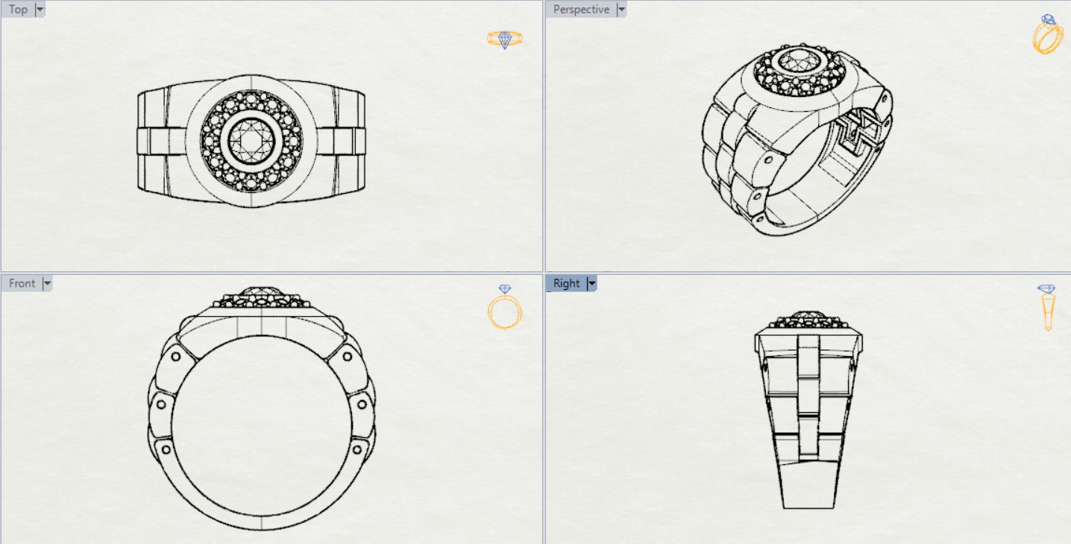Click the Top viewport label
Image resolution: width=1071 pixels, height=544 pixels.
click(18, 10)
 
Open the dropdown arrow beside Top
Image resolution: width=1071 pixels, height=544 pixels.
click(40, 10)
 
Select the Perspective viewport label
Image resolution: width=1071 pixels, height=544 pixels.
click(581, 10)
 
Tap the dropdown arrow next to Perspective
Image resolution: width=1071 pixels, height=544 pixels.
click(621, 10)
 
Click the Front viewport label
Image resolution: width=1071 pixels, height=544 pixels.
click(22, 284)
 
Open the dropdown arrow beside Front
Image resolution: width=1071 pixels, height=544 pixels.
click(47, 284)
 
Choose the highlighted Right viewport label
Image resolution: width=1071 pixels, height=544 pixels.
click(566, 284)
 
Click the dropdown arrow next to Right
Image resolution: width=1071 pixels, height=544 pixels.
click(592, 284)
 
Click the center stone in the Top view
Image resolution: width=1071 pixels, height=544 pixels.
click(251, 141)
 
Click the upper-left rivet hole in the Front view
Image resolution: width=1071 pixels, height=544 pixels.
click(175, 356)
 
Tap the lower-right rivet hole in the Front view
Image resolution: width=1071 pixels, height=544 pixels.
click(357, 449)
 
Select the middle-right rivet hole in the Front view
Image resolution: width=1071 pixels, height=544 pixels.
click(362, 405)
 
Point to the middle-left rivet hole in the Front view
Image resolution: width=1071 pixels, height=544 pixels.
click(161, 405)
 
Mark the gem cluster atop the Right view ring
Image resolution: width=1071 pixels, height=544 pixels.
click(808, 320)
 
